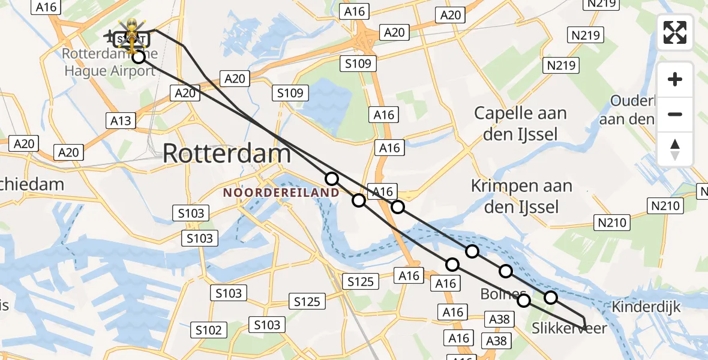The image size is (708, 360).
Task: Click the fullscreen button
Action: click(675, 32)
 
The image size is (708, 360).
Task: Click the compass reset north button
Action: click(675, 149)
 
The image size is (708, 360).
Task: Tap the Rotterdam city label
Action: click(227, 154)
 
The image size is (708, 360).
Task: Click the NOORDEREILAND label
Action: click(281, 193)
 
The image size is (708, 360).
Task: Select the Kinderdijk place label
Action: click(646, 307)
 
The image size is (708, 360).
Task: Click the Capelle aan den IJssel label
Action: click(520, 122)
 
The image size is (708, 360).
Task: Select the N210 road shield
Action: click(666, 206)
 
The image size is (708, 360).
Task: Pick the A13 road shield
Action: click(121, 121)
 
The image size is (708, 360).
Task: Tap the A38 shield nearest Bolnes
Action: click(499, 319)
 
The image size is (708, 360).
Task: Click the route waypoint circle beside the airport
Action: click(139, 57)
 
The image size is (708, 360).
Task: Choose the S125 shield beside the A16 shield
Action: click(360, 281)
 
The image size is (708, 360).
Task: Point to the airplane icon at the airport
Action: click(110, 37)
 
